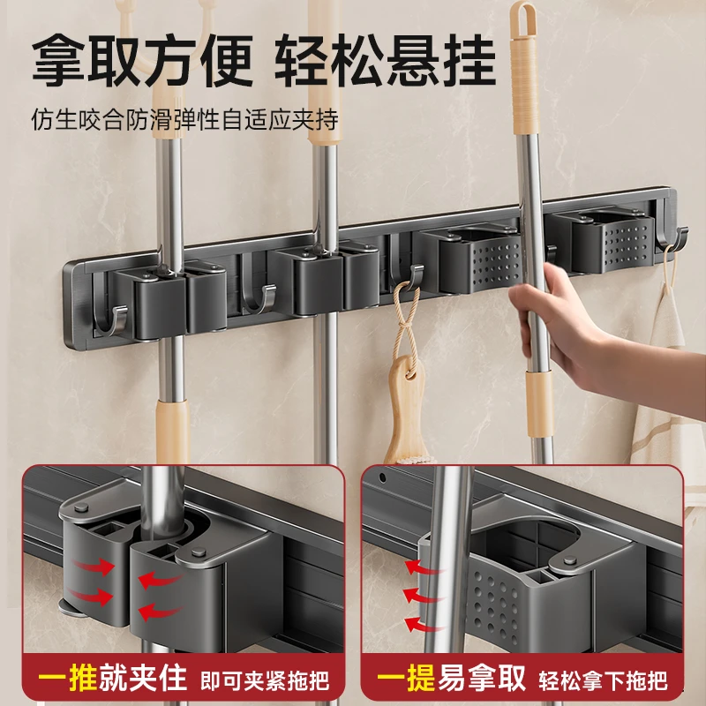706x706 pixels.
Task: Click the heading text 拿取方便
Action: point(142,60)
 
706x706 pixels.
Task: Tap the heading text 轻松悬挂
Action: point(386,60)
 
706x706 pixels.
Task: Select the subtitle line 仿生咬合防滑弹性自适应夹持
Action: point(184,119)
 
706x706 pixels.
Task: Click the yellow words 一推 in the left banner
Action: point(68,678)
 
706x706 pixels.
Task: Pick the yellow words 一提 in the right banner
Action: point(406,678)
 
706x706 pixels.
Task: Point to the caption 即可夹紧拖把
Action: point(265,680)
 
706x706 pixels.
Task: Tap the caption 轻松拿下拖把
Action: point(604,680)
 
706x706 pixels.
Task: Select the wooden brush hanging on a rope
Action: point(406,409)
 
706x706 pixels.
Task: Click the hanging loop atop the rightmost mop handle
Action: point(522,18)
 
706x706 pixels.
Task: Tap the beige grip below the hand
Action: point(539,404)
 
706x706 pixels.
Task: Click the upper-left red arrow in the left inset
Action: point(93,567)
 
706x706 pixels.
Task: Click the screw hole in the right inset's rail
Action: point(382,477)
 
